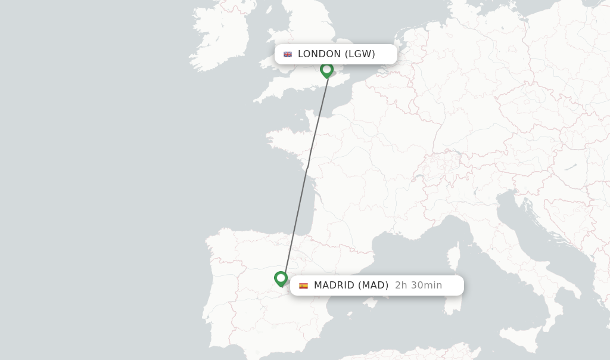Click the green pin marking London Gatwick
coord(326,70)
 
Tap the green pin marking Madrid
coord(281,278)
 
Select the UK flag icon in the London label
coord(288,54)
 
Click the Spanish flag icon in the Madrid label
coord(304,285)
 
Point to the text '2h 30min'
coord(418,285)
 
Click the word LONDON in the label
coord(319,54)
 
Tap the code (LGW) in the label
coord(360,54)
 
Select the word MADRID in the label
coord(334,285)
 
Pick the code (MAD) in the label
coord(373,285)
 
